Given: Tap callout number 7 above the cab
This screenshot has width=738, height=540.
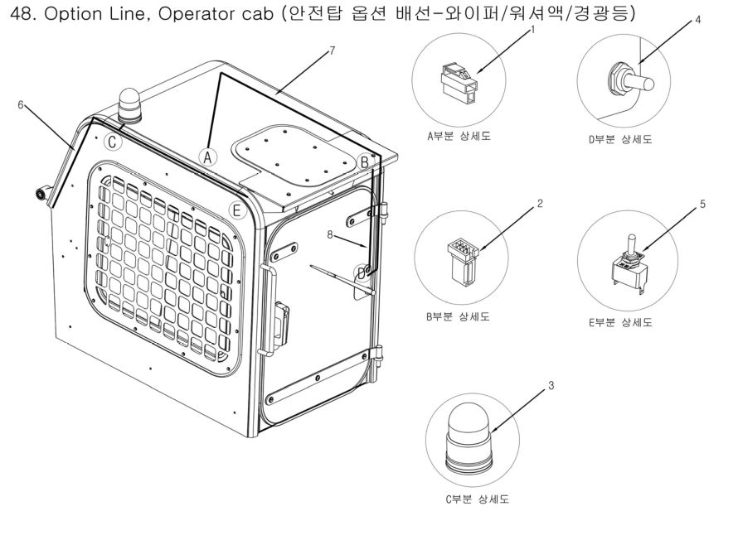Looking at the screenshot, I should pos(332,51).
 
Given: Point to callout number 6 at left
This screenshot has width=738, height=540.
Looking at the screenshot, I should pos(22,105).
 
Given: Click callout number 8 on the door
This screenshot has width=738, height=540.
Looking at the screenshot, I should pos(331,234).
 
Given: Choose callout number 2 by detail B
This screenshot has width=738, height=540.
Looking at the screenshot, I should pos(540,203).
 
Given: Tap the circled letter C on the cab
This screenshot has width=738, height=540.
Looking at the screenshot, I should pos(113,141).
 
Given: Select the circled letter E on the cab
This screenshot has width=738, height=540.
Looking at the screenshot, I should pos(237,210).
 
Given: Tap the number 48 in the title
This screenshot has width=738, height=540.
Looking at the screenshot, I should pos(17,15).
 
